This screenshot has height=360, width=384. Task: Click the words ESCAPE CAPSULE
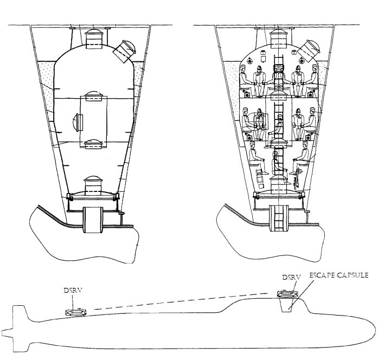[339, 275]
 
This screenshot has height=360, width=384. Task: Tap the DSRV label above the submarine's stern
[73, 291]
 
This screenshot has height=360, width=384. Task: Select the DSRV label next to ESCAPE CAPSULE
[291, 278]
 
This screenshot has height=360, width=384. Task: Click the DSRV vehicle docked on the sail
[287, 294]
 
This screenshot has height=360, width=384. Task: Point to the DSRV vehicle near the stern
[76, 312]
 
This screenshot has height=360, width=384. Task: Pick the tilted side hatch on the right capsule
[309, 50]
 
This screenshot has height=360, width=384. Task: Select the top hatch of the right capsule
[278, 38]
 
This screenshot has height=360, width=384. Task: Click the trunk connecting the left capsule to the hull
[93, 220]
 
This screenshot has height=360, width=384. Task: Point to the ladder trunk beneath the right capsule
[278, 218]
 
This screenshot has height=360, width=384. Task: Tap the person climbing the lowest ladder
[278, 164]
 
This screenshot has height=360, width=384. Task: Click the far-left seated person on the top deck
[245, 80]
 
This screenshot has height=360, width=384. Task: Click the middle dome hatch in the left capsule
[93, 96]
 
